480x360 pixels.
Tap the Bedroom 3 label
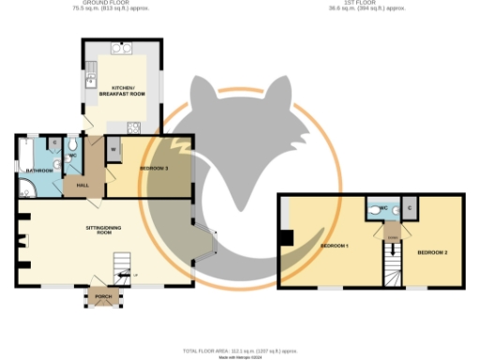(x=154, y=168)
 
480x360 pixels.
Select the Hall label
(x=82, y=187)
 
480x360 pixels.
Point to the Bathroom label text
(x=38, y=171)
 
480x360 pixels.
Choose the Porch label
(x=101, y=300)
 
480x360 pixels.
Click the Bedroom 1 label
(x=334, y=246)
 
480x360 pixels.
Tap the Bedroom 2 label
(x=431, y=253)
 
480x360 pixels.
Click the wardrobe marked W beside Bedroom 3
(x=112, y=150)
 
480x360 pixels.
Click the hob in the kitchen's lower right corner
(x=134, y=128)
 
